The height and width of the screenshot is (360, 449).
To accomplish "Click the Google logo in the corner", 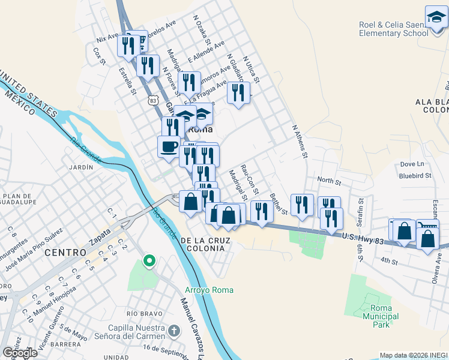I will pyautogui.click(x=20, y=353).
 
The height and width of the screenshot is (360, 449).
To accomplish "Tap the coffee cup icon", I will pyautogui.click(x=169, y=146).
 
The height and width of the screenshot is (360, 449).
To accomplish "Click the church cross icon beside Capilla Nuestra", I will pyautogui.click(x=173, y=331).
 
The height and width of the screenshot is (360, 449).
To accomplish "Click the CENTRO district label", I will pyautogui.click(x=65, y=253).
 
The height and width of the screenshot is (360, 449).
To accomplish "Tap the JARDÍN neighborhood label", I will pyautogui.click(x=81, y=167).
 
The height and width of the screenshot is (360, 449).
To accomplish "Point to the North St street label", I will pyautogui.click(x=328, y=180).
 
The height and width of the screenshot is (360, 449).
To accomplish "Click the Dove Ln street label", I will pyautogui.click(x=412, y=164).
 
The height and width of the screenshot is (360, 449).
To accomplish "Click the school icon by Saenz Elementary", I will pyautogui.click(x=436, y=17).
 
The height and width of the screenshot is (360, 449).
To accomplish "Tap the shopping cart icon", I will pyautogui.click(x=427, y=229).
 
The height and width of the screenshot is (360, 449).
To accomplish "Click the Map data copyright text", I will pyautogui.click(x=414, y=355).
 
